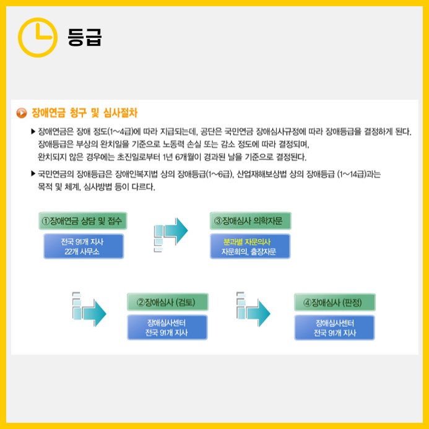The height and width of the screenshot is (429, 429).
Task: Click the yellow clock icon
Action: tap(37, 37)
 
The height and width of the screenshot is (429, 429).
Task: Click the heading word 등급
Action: tap(84, 38)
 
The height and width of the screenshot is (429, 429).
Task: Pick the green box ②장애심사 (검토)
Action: tap(167, 303)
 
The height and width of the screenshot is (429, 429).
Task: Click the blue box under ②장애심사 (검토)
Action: tap(167, 327)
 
